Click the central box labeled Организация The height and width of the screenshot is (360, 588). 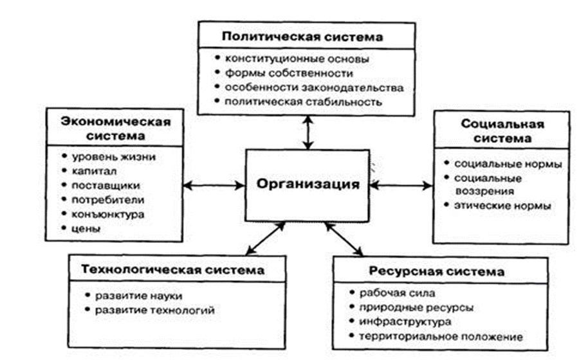click(x=308, y=185)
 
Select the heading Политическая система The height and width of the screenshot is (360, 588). click(x=302, y=37)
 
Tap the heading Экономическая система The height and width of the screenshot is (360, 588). click(x=116, y=129)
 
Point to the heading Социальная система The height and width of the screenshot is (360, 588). click(x=502, y=131)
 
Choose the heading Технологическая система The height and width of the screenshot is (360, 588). click(x=173, y=270)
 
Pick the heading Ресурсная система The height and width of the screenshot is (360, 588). click(x=437, y=271)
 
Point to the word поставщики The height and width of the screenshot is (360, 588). click(x=106, y=185)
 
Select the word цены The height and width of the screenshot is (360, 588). click(x=86, y=229)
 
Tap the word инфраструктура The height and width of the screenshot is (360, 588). click(x=405, y=322)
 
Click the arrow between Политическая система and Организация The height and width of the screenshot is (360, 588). click(x=308, y=132)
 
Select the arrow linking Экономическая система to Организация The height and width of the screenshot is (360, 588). click(x=214, y=185)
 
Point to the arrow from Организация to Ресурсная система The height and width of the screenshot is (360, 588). click(x=344, y=239)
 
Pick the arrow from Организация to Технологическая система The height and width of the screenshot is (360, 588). click(x=266, y=239)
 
